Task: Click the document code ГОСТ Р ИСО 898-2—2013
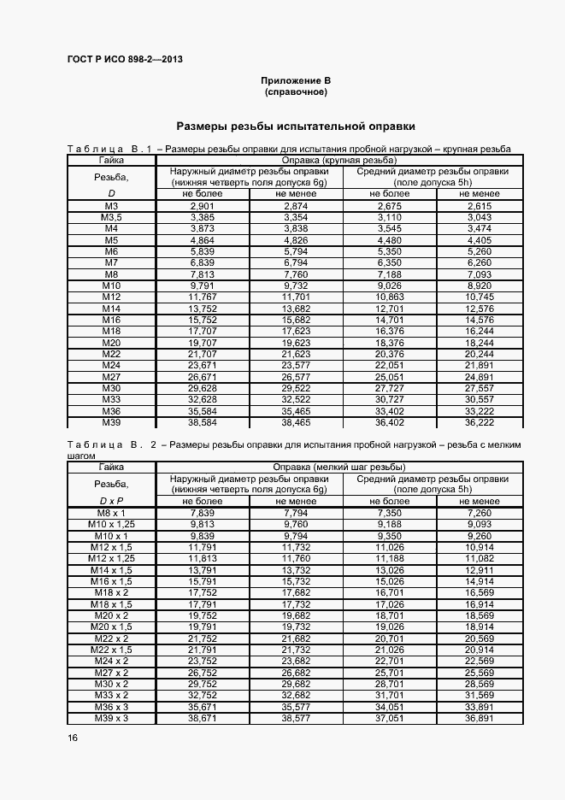click(125, 60)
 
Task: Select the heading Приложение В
click(296, 79)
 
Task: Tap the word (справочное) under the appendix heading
click(296, 91)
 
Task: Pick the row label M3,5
click(111, 218)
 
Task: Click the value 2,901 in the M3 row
click(202, 207)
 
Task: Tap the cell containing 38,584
click(202, 422)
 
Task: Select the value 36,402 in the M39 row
click(389, 422)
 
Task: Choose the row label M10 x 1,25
click(111, 524)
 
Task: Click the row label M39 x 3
click(111, 718)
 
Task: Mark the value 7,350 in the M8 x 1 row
click(389, 513)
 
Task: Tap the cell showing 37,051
click(389, 718)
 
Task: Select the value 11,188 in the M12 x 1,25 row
click(389, 558)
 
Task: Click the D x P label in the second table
click(111, 500)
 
